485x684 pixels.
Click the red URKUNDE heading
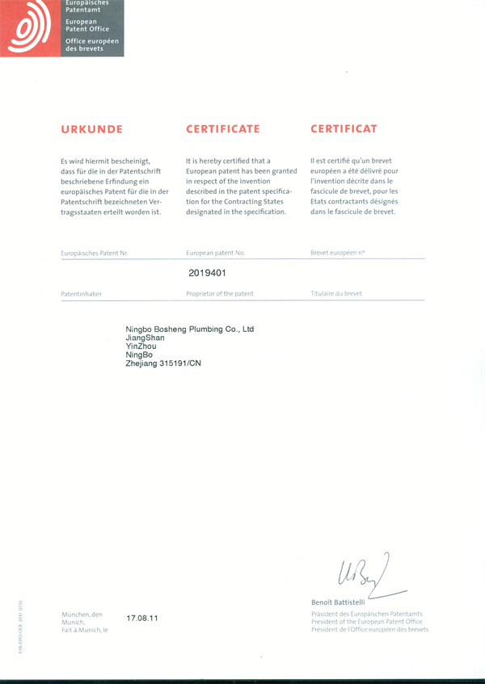pos(91,129)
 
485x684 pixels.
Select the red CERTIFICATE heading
pos(223,129)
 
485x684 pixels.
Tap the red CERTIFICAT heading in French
pos(344,129)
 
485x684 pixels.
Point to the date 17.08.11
pos(142,619)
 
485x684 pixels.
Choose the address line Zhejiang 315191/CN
pos(163,363)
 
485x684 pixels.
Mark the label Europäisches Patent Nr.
pos(95,253)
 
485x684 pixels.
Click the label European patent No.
pos(214,253)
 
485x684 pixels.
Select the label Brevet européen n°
pos(338,253)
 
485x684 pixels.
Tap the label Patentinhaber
pos(81,294)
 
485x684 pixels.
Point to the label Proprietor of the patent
pos(220,294)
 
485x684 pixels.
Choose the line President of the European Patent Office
pos(366,622)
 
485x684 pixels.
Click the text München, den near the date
pos(82,615)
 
